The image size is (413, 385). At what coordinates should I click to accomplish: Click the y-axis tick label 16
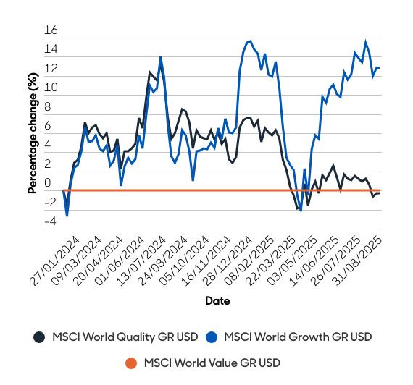tap(50, 31)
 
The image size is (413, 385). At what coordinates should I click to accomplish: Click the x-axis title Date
tap(217, 300)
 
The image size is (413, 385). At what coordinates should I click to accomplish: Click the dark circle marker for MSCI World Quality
tap(39, 337)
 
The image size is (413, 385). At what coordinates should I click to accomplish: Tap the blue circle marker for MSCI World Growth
tap(212, 337)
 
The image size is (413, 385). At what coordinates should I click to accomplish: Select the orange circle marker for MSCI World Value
tap(132, 363)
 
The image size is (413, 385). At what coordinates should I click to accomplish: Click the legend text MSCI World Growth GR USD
tap(298, 337)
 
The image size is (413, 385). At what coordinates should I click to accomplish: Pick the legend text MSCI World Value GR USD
tap(212, 363)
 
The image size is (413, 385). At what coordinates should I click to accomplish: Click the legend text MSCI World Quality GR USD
tap(125, 337)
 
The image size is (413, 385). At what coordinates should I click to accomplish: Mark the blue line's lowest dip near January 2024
tap(67, 216)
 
